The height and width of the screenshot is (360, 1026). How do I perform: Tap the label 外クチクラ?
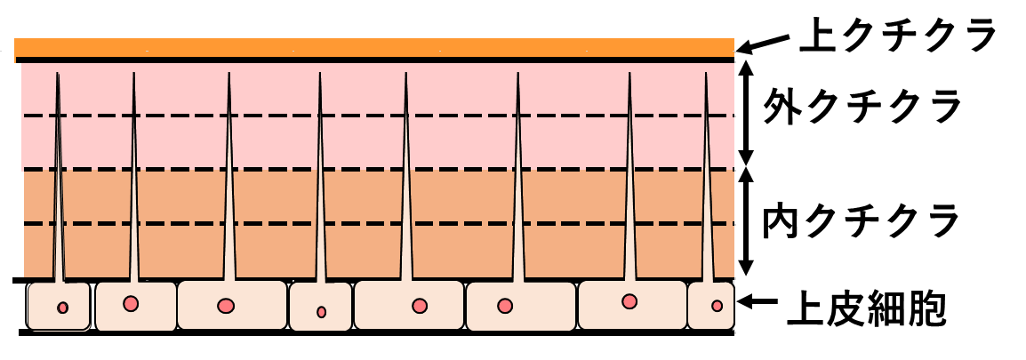(862, 107)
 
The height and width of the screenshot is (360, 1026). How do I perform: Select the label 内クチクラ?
(862, 222)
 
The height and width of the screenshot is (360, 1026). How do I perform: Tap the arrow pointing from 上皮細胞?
(757, 301)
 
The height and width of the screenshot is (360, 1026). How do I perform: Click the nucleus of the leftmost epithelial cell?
(63, 308)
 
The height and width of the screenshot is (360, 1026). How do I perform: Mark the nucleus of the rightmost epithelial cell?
(717, 306)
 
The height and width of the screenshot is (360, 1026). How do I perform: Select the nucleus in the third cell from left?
(227, 306)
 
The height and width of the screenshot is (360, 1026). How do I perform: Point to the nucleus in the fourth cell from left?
(321, 312)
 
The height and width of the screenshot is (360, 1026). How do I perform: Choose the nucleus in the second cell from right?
(629, 301)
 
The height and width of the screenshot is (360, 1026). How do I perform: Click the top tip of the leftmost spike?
(58, 73)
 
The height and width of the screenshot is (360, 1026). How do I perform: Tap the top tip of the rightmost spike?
(706, 72)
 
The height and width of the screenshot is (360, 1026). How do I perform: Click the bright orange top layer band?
(374, 48)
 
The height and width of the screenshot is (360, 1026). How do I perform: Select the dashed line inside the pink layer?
(378, 116)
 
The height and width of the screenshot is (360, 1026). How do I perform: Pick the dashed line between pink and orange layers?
(378, 170)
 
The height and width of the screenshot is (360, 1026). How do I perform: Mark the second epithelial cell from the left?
(135, 306)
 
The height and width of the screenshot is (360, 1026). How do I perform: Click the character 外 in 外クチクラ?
(781, 107)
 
